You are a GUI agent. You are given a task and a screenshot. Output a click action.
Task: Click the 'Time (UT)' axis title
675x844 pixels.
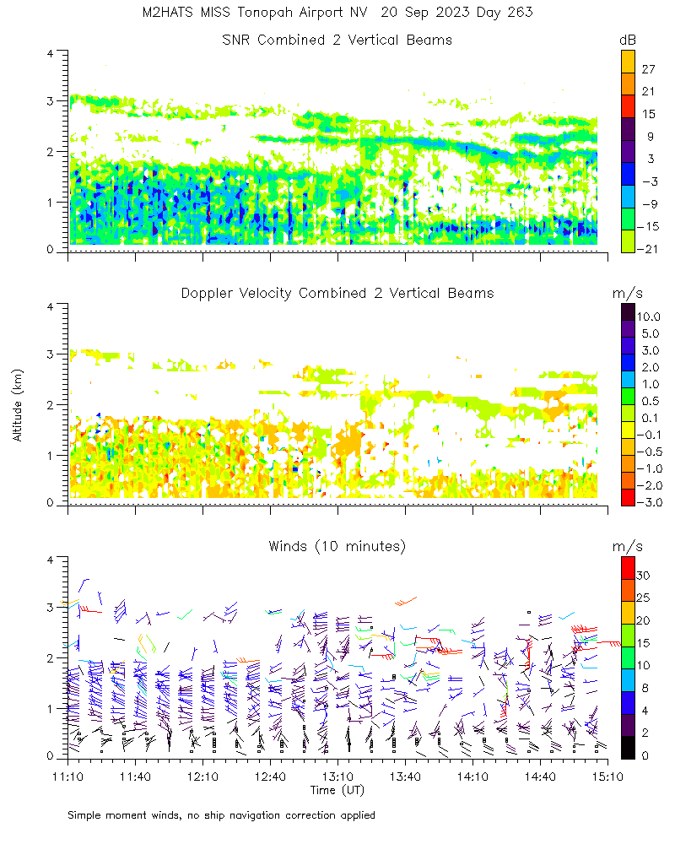pyautogui.click(x=337, y=790)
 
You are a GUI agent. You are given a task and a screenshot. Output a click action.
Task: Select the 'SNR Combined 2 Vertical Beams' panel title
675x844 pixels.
pyautogui.click(x=337, y=41)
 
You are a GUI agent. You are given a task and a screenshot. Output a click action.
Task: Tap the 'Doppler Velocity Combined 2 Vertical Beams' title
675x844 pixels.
pyautogui.click(x=337, y=294)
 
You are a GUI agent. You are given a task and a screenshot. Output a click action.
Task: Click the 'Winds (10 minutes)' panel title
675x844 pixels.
pyautogui.click(x=337, y=547)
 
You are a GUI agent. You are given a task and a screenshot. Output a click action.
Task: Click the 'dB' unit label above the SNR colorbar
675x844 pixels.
pyautogui.click(x=628, y=41)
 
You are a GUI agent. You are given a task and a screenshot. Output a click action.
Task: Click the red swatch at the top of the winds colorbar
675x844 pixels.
pyautogui.click(x=627, y=566)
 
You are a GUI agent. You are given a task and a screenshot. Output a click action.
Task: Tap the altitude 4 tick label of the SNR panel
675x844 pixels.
pyautogui.click(x=51, y=53)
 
